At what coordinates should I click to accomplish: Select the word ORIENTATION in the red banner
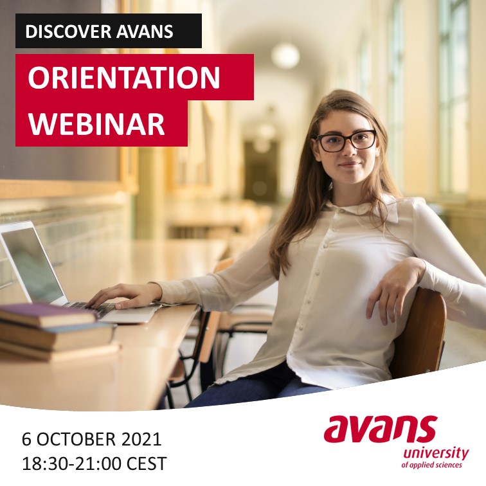pyautogui.click(x=124, y=78)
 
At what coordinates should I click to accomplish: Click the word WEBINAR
pyautogui.click(x=96, y=123)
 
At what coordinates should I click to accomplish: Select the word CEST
pyautogui.click(x=147, y=464)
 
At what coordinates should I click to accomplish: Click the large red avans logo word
pyautogui.click(x=381, y=429)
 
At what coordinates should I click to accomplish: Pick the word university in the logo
pyautogui.click(x=436, y=454)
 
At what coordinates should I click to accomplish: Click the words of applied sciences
pyautogui.click(x=431, y=465)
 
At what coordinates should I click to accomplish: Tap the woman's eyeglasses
pyautogui.click(x=346, y=141)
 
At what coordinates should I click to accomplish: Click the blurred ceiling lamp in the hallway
pyautogui.click(x=285, y=56)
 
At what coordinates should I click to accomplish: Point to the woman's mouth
pyautogui.click(x=350, y=165)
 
